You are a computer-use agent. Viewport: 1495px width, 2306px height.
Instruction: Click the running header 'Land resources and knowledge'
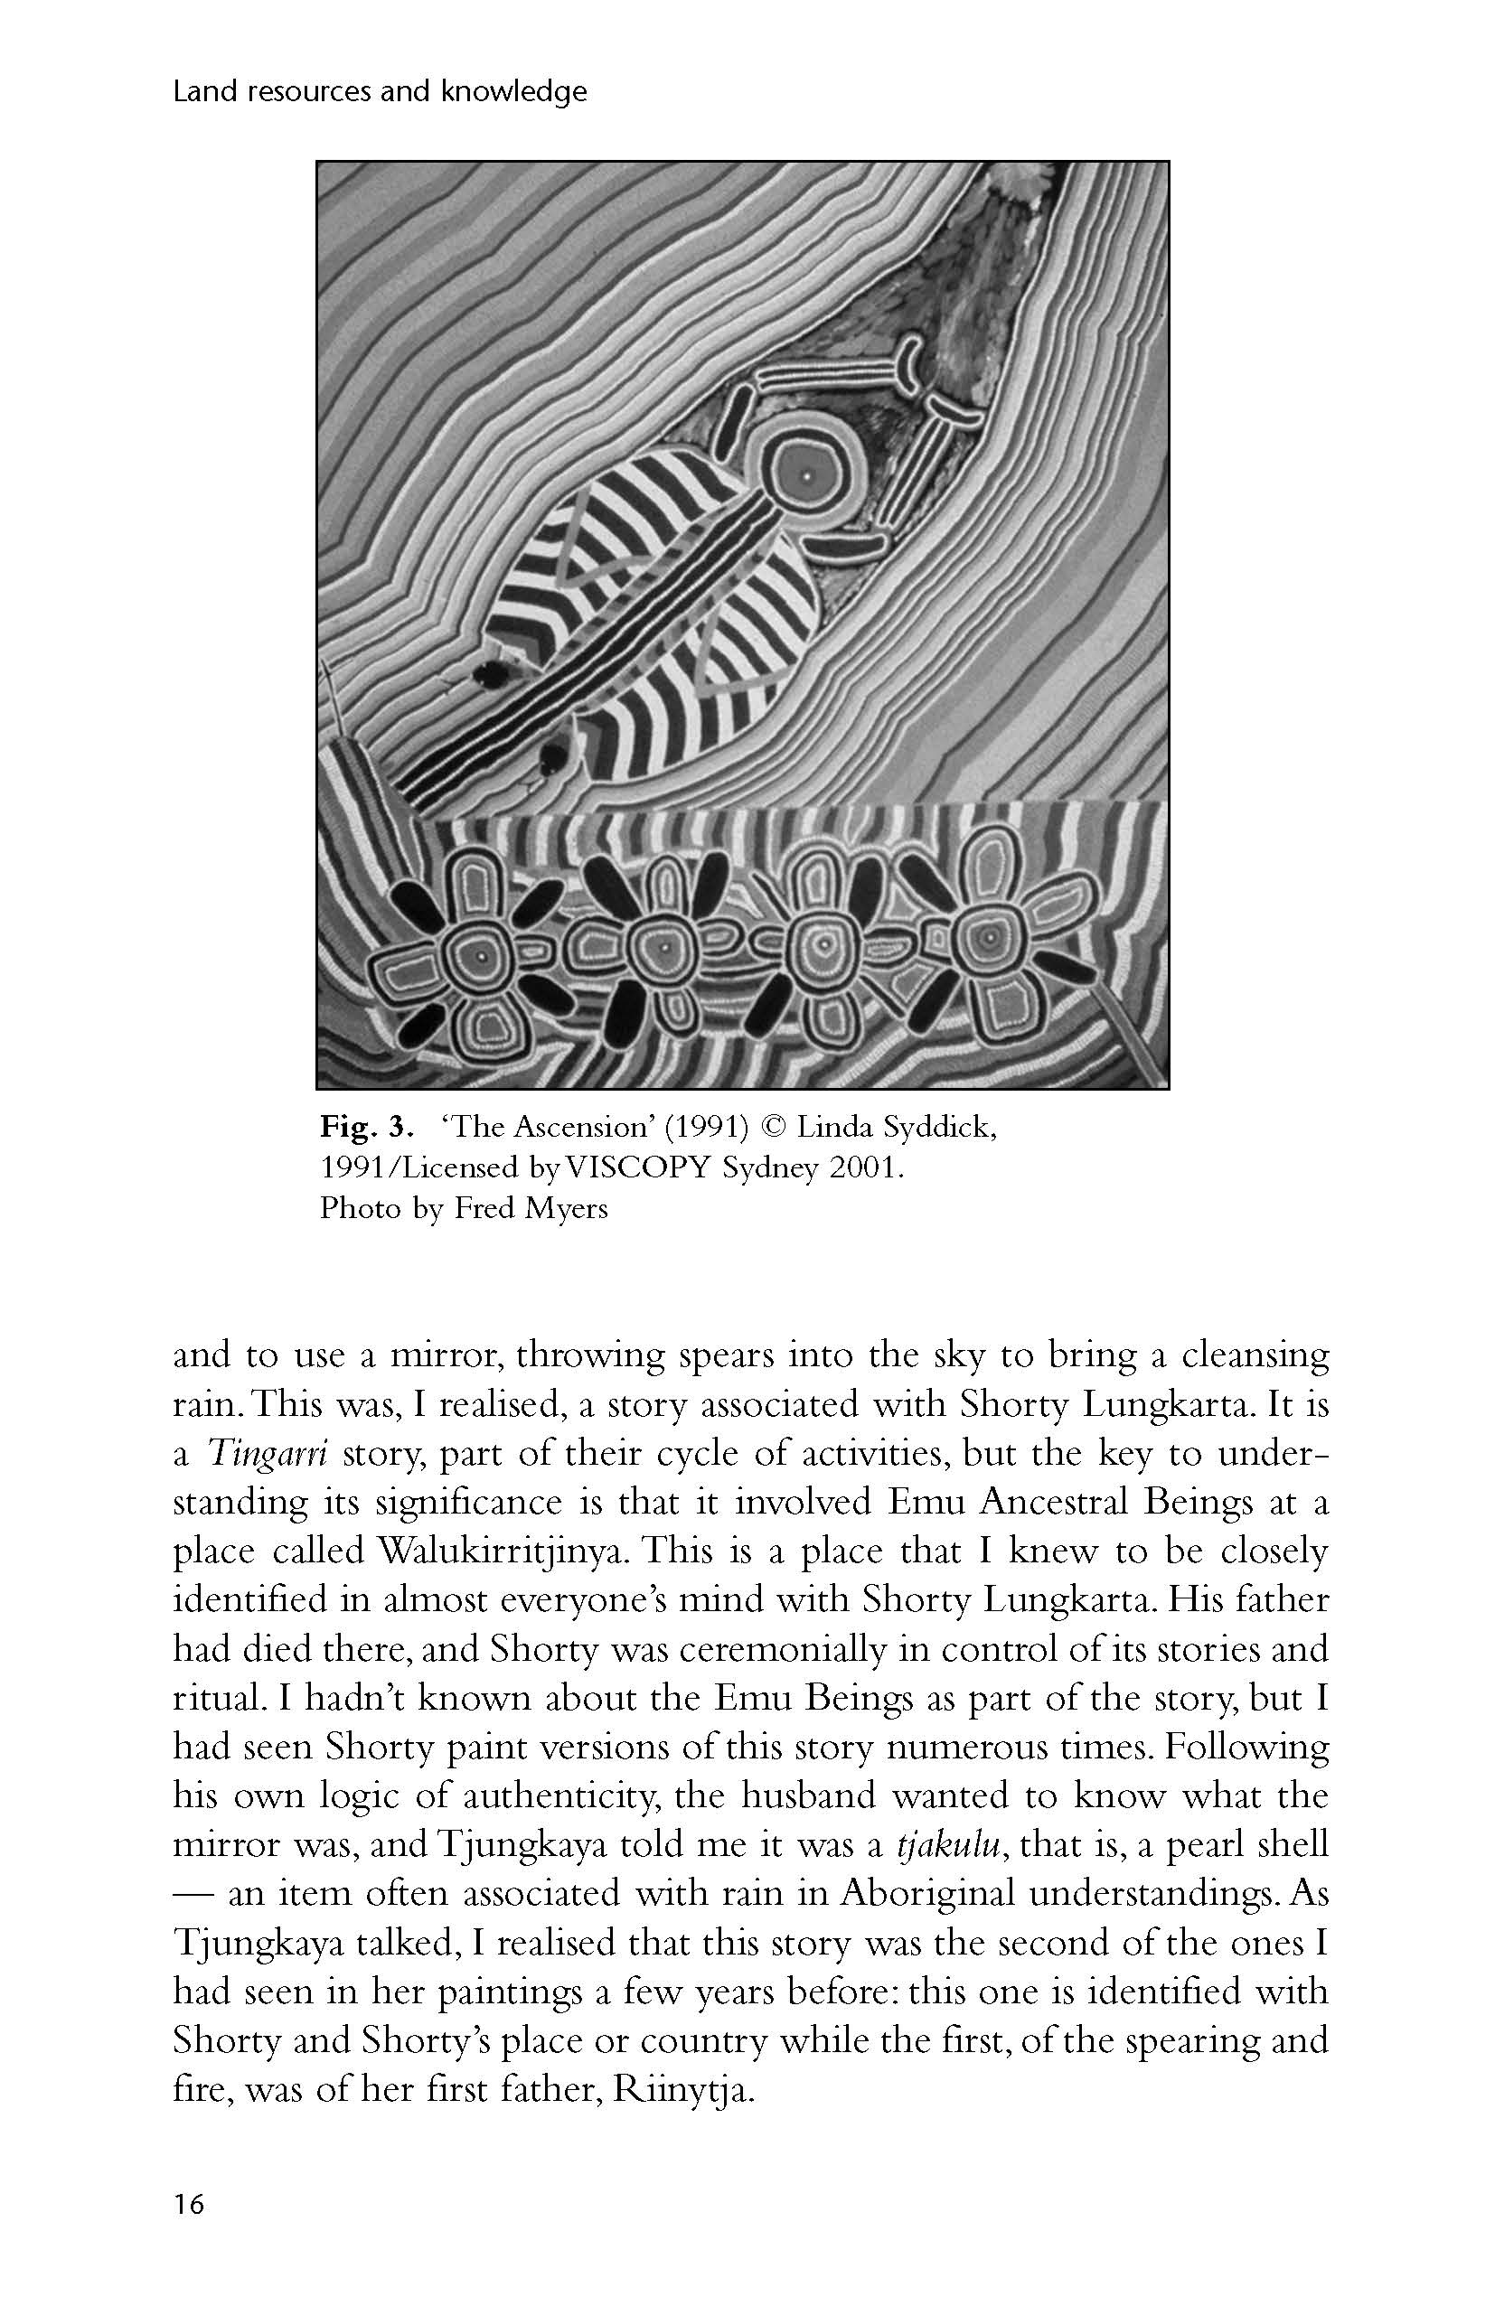pos(380,92)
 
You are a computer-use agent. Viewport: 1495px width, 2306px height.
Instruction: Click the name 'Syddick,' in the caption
pos(935,1128)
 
